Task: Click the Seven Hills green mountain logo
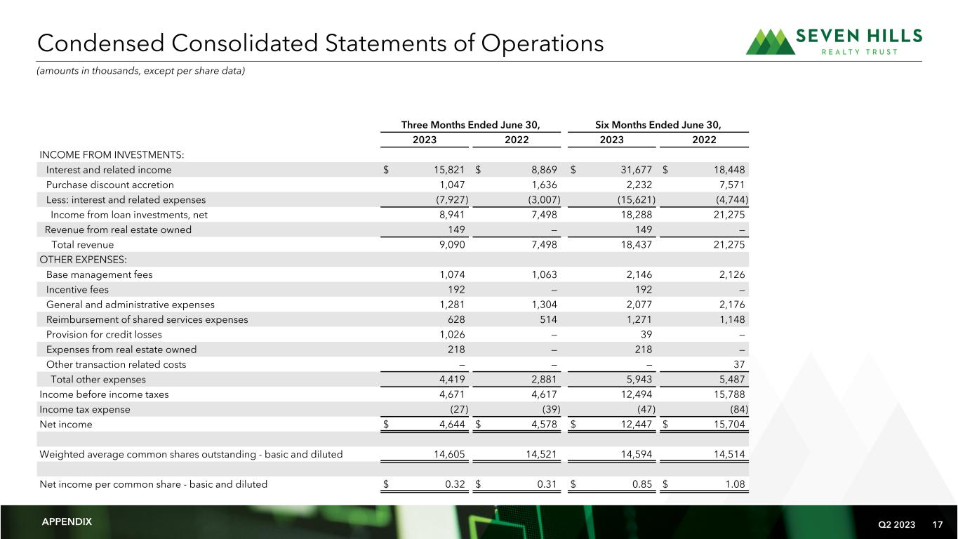[x=770, y=42]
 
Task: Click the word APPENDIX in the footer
[x=67, y=522]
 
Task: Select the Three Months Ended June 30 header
[x=470, y=125]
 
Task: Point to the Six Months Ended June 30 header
[x=658, y=125]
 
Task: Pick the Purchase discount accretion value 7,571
[x=730, y=185]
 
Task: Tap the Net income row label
[x=66, y=425]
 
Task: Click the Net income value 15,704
[x=726, y=425]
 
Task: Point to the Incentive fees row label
[x=77, y=290]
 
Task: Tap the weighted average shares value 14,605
[x=448, y=454]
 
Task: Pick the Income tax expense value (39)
[x=549, y=410]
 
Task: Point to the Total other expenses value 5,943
[x=637, y=380]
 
